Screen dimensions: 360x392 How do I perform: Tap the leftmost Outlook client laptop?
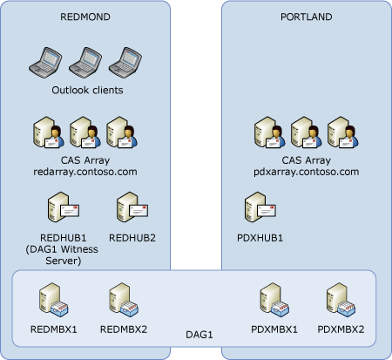48,62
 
